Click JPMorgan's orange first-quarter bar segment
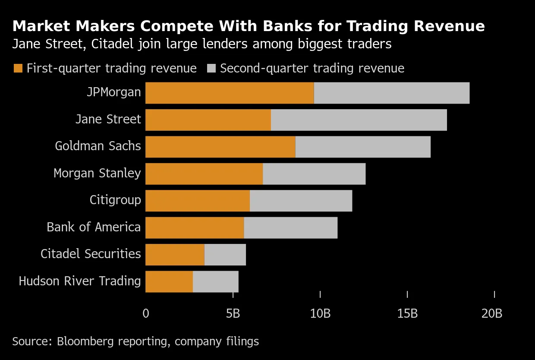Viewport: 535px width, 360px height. [x=230, y=93]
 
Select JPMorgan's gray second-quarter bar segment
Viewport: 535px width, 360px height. [x=392, y=93]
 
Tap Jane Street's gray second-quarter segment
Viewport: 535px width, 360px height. [x=359, y=120]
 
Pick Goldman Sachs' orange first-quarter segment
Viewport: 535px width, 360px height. [x=220, y=147]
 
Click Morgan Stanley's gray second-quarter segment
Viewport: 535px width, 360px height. [x=314, y=174]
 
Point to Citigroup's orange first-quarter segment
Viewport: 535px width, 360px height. [x=198, y=201]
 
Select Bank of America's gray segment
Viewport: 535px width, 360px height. [x=290, y=227]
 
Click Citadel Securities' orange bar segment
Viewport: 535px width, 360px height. [x=175, y=255]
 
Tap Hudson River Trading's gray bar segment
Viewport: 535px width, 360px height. [x=216, y=281]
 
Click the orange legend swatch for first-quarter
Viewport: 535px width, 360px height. [x=18, y=68]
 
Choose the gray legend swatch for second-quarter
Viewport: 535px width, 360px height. [x=211, y=68]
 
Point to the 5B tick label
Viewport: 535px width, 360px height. [x=233, y=313]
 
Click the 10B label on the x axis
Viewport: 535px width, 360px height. [x=320, y=313]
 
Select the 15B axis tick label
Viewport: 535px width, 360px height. [x=407, y=313]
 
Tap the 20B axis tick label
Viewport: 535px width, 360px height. [x=492, y=313]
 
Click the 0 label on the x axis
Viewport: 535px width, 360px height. [x=146, y=313]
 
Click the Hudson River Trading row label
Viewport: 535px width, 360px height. [x=80, y=281]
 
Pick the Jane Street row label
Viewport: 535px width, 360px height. [x=108, y=120]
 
